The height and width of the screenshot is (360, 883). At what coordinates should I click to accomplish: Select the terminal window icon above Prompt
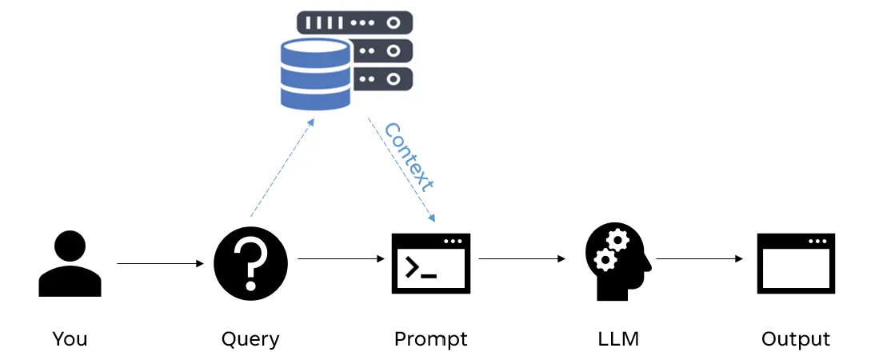click(x=430, y=263)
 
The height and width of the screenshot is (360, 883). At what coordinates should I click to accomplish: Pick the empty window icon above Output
click(x=796, y=263)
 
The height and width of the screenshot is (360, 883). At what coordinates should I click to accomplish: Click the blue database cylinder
click(x=315, y=74)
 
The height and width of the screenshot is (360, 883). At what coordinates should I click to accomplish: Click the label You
click(x=70, y=338)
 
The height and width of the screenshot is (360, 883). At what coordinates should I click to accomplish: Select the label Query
click(x=250, y=339)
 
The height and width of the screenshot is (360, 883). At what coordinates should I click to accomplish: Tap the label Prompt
click(x=430, y=339)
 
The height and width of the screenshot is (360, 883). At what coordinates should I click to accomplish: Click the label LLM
click(x=618, y=339)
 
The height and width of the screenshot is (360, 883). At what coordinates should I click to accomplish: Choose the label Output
click(x=796, y=339)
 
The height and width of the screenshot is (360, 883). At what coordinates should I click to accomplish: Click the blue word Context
click(x=409, y=156)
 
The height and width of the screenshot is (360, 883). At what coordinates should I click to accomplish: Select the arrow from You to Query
click(x=160, y=262)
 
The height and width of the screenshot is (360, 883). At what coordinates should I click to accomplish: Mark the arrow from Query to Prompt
click(x=340, y=258)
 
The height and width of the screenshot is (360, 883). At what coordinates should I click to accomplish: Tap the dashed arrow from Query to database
click(x=282, y=168)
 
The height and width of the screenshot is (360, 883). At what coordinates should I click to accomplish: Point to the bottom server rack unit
click(x=384, y=79)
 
